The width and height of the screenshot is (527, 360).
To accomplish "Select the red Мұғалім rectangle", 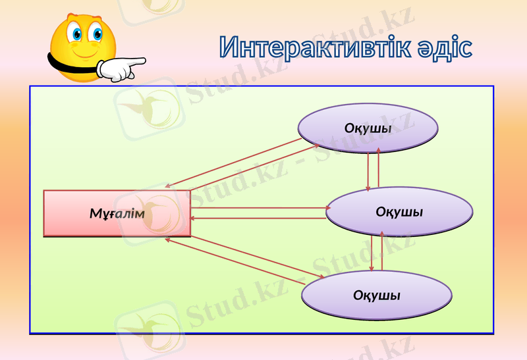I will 117,213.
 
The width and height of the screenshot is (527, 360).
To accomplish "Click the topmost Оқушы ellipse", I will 368,127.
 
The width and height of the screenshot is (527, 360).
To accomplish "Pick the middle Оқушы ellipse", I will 399,212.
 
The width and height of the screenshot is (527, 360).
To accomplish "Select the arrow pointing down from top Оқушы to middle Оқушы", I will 368,168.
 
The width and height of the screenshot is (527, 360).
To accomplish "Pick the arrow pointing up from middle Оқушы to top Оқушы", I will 379,168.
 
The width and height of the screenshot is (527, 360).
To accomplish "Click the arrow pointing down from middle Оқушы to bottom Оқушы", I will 372,253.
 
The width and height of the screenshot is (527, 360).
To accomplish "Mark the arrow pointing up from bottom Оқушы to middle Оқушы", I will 382,253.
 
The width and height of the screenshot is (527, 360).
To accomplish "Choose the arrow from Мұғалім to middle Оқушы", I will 260,209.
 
